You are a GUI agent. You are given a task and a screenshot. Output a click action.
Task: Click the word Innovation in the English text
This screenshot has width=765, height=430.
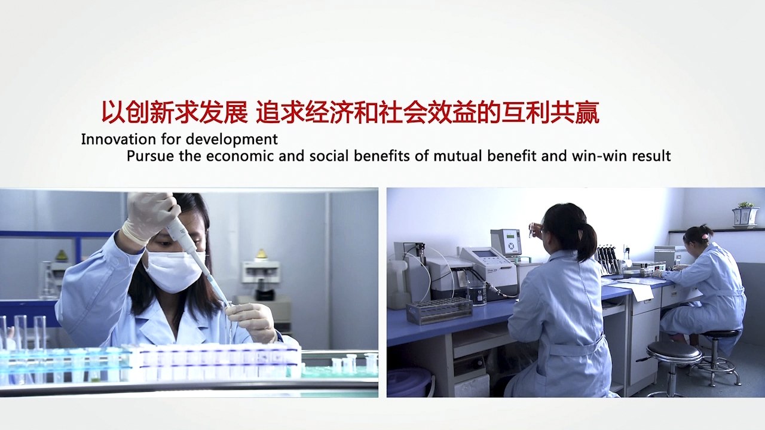coord(118,139)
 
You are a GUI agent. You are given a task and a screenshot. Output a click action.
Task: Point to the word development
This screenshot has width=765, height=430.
coord(232,140)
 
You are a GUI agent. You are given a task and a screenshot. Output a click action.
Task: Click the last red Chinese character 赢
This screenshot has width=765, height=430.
coord(587,112)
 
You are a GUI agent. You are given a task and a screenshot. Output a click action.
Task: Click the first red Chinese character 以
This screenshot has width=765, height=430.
coord(113,112)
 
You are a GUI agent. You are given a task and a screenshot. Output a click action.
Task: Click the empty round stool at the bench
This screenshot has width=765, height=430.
coord(675,365)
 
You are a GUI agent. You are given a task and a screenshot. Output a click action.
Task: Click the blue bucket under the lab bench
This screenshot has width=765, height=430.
coord(410,382)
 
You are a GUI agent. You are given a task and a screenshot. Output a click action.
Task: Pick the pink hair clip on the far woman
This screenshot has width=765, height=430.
coord(703,236)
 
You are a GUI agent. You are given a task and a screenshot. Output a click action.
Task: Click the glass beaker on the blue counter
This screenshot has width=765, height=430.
coord(476,293)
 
